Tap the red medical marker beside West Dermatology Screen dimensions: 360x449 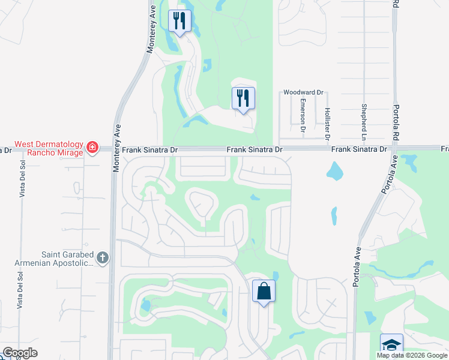(x=92, y=147)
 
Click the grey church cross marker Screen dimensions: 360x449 (x=103, y=258)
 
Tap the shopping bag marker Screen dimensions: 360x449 (x=264, y=292)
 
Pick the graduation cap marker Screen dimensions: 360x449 (x=391, y=345)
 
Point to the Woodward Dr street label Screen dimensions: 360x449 (x=304, y=92)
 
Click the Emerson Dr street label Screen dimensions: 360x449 (x=303, y=115)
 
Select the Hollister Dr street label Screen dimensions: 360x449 (x=327, y=123)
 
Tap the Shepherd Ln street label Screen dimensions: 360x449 (x=364, y=118)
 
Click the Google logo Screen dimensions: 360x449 (x=20, y=353)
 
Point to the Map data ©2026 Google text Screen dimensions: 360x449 (x=411, y=355)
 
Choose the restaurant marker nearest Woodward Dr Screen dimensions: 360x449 (x=243, y=98)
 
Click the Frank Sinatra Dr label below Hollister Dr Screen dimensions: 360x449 (x=355, y=149)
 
